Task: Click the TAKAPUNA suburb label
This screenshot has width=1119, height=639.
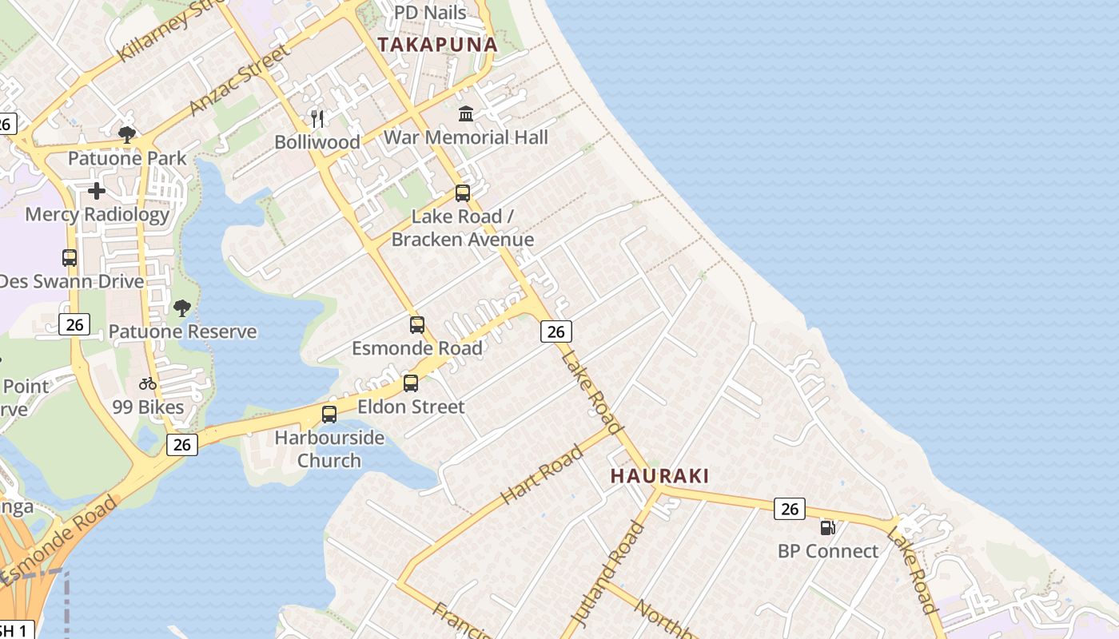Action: tap(437, 45)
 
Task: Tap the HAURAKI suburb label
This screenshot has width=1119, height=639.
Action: tap(659, 476)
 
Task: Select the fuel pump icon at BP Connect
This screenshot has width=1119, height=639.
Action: tap(827, 527)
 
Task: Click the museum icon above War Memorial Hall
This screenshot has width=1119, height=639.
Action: tap(466, 114)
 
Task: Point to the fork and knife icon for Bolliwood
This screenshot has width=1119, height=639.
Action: tap(317, 119)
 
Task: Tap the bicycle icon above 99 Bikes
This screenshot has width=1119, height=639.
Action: tap(148, 383)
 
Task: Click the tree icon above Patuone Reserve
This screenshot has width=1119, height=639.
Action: tap(182, 308)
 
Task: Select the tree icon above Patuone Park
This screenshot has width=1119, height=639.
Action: tap(126, 134)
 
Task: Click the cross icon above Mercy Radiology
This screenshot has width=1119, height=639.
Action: tap(97, 191)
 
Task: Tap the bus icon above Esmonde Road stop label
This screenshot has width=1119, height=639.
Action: tap(417, 324)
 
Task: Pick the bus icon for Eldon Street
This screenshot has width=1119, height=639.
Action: tap(411, 383)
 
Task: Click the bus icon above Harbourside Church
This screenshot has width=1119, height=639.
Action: tap(329, 414)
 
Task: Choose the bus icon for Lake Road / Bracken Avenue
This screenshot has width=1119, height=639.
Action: tap(463, 192)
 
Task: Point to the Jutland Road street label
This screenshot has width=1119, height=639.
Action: tap(607, 572)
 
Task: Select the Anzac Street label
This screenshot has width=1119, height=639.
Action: tap(237, 81)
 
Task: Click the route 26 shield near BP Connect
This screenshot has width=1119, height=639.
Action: tap(789, 508)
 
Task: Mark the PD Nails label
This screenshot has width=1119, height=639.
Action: tap(430, 13)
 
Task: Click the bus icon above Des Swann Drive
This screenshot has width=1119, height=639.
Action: tap(70, 258)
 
